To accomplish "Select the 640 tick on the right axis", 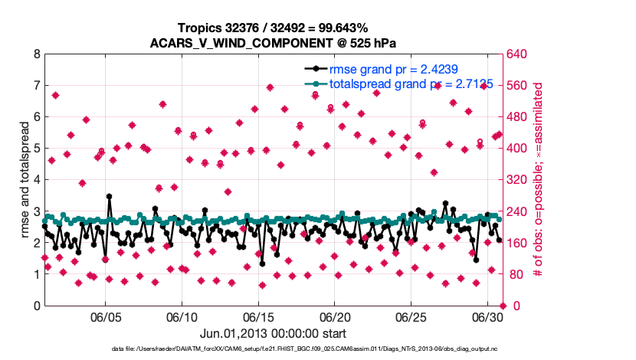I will (x=520, y=54).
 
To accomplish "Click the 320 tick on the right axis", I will (x=520, y=180).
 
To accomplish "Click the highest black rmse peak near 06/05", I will (x=109, y=197).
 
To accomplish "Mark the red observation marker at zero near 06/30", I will (x=503, y=306).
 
